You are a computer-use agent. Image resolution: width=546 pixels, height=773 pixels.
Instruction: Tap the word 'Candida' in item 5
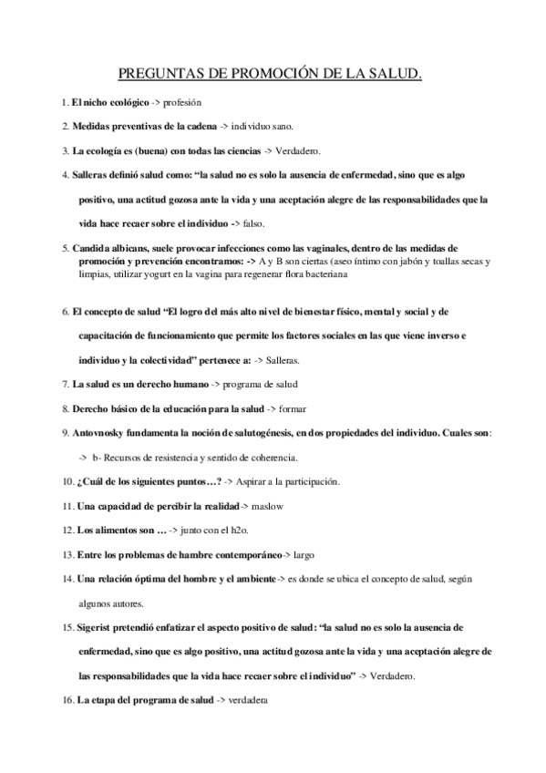tap(91, 247)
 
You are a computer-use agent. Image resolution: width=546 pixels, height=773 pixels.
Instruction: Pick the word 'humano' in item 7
tap(183, 384)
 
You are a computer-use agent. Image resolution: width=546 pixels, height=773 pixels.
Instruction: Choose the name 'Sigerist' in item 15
tap(96, 628)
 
